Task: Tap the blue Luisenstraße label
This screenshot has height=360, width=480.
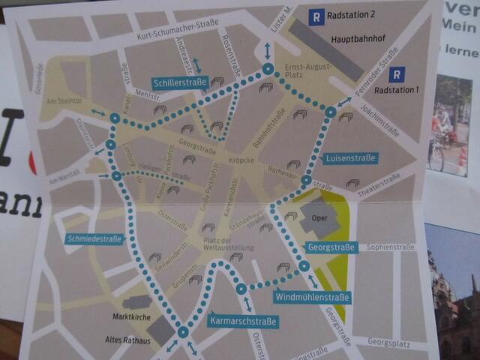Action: [351, 159]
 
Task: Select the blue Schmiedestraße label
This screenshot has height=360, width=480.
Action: [94, 239]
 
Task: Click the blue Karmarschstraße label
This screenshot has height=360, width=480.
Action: [241, 322]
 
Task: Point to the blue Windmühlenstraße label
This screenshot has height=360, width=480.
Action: [312, 298]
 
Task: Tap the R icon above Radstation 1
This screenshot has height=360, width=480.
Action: [397, 73]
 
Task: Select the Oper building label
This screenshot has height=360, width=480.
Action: [310, 222]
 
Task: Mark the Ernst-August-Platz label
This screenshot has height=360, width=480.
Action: [304, 71]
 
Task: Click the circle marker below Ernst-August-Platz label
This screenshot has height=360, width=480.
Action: [331, 112]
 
